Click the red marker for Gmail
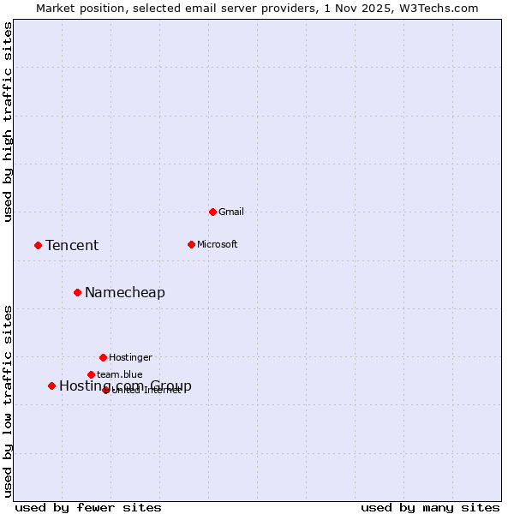click(212, 212)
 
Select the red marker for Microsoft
click(191, 244)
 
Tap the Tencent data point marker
click(38, 245)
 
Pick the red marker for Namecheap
click(77, 292)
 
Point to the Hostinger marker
click(103, 357)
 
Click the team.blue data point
click(91, 374)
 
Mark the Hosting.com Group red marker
click(51, 385)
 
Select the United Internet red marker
click(106, 390)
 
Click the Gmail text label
click(231, 212)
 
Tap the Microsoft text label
click(218, 244)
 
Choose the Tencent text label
click(72, 246)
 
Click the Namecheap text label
click(125, 293)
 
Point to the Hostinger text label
click(130, 357)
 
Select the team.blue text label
click(120, 374)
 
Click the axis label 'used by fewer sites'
click(88, 507)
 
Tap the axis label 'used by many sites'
click(430, 507)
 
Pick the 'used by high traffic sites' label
click(9, 122)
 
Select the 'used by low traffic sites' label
click(9, 401)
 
